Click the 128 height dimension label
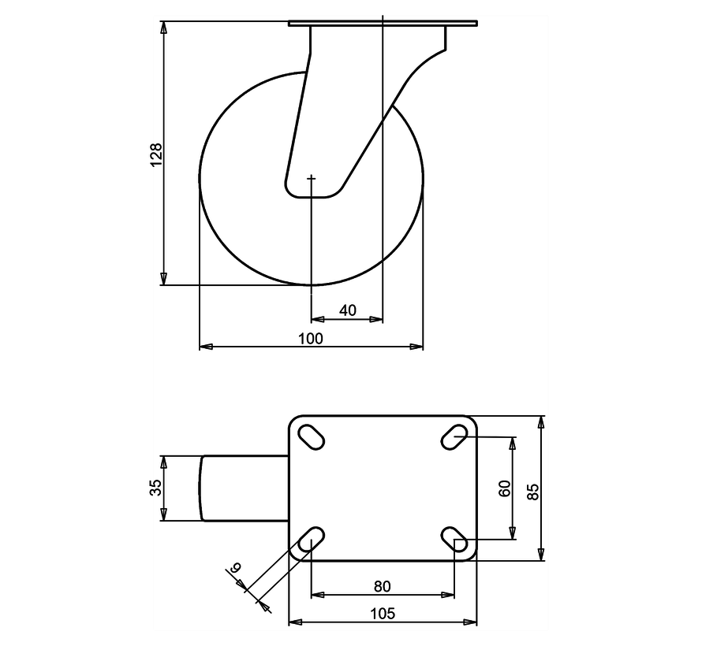pos(156,154)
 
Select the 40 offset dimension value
pos(347,310)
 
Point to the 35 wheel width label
pos(155,488)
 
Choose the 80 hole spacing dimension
pos(382,586)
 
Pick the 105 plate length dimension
pos(383,613)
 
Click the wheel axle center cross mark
pos(312,180)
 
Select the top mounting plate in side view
pos(383,24)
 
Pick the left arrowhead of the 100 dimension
pos(204,346)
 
